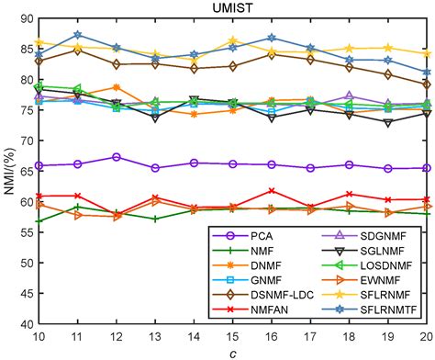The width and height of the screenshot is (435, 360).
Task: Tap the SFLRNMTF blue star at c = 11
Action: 78,35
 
